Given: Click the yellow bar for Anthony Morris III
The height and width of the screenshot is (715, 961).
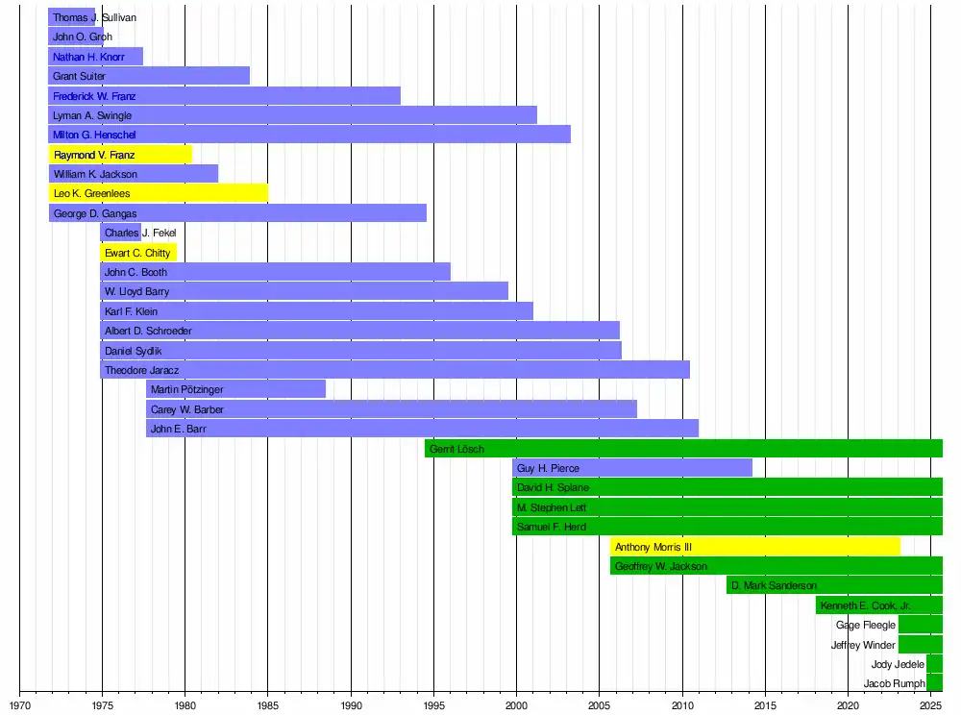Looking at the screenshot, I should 755,547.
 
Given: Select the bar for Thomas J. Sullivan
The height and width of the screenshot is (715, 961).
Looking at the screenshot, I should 72,17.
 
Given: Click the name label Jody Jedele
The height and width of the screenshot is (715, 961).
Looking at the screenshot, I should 898,664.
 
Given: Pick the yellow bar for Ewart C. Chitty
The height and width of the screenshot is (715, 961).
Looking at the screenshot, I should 138,253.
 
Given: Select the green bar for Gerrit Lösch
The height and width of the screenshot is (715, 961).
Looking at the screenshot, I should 683,449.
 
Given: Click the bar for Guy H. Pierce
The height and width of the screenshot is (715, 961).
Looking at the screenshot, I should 632,468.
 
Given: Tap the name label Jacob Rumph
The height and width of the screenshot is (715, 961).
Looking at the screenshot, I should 894,684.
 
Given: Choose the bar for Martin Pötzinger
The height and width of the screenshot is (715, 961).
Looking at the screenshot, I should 235,389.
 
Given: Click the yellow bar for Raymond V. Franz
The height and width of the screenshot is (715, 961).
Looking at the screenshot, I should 120,155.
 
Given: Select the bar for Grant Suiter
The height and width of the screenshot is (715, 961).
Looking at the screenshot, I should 149,76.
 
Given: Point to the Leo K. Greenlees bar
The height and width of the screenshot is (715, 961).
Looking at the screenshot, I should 159,194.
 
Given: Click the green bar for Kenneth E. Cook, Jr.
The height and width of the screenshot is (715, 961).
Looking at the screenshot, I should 878,605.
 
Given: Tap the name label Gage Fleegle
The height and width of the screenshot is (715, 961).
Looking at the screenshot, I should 865,625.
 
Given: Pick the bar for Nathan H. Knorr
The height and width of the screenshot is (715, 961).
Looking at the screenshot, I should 95,57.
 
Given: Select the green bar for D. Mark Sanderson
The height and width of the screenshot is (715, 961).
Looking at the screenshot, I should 834,585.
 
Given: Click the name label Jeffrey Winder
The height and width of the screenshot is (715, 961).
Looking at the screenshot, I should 863,645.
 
